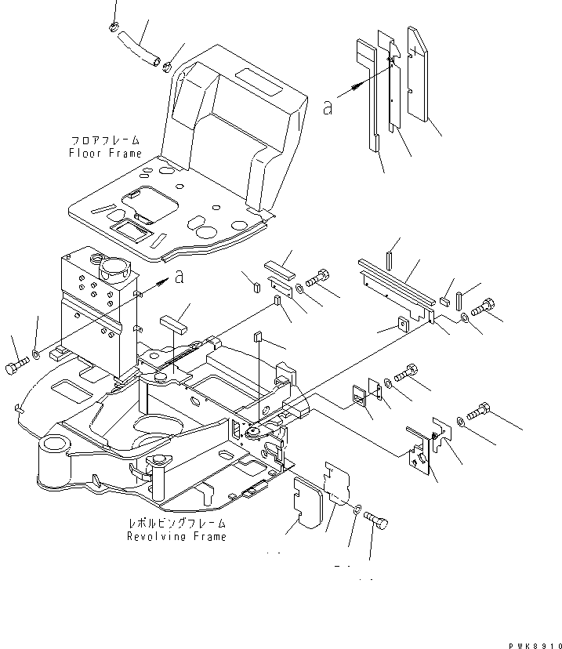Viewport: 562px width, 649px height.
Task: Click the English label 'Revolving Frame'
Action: (176, 537)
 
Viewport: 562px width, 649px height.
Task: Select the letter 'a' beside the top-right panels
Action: (328, 107)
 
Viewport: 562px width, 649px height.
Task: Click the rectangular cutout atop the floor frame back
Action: (259, 79)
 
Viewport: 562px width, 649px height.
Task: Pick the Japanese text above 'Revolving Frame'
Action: (176, 522)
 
